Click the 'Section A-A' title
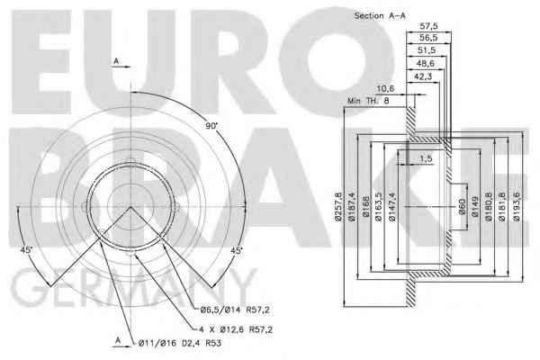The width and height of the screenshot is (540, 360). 380,15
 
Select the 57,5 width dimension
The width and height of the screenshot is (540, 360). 428,26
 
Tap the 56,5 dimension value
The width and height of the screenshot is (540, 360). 428,37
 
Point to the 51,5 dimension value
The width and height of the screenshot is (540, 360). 427,50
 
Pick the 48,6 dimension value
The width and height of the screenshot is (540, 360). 426,63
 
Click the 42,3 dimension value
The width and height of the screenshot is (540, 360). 423,76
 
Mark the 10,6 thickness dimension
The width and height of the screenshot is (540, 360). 385,88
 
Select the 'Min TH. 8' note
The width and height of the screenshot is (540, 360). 368,101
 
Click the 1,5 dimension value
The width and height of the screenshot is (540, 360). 426,158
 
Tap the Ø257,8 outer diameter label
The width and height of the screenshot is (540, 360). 338,206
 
